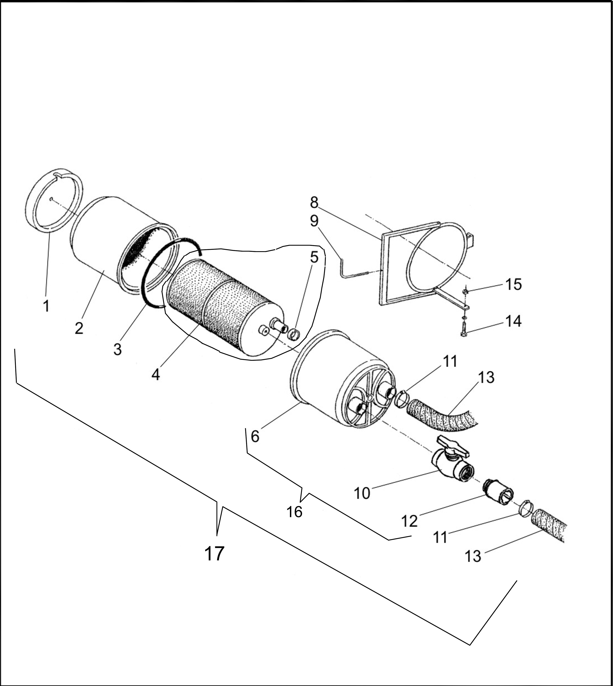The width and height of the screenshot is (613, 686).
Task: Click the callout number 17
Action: click(x=214, y=553)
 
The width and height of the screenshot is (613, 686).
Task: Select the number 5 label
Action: click(x=314, y=257)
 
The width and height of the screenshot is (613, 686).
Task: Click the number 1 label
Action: click(x=46, y=306)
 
